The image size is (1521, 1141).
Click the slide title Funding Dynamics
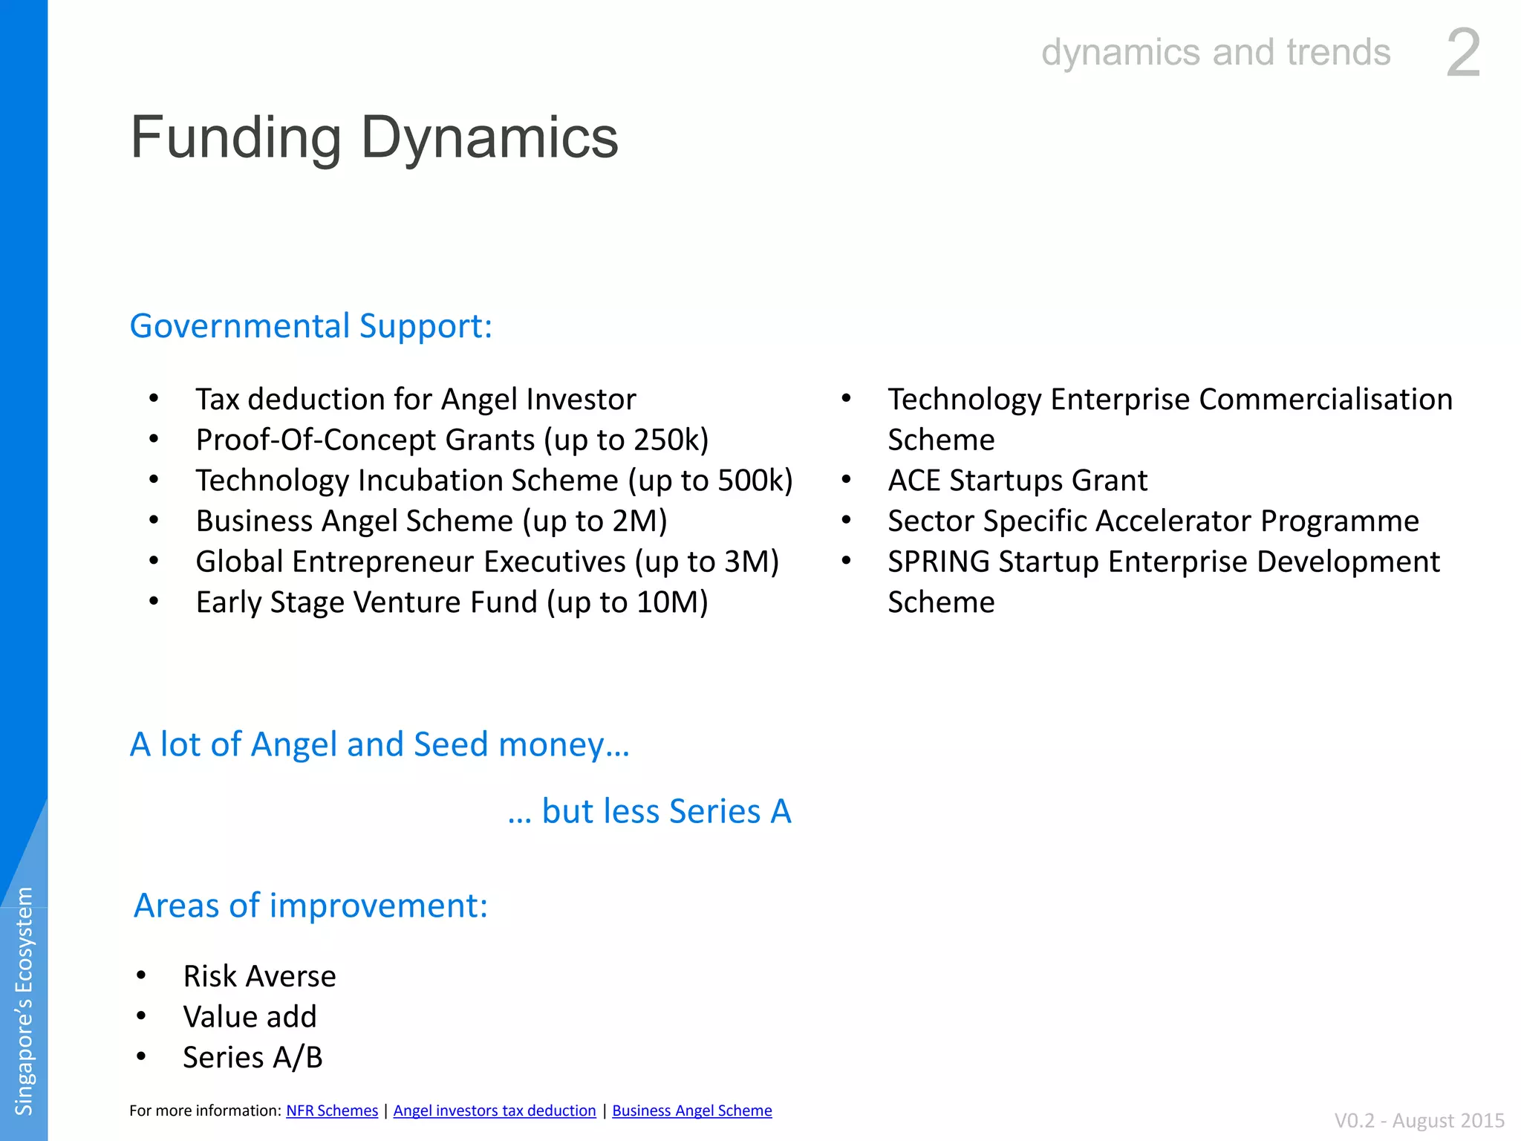[x=374, y=138]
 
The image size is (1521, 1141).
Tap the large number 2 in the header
[x=1463, y=53]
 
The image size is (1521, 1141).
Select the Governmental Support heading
[x=311, y=326]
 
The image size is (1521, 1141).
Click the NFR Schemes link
[x=332, y=1111]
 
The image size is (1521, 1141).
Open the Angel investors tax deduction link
[x=495, y=1111]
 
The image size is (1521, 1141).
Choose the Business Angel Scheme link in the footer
[x=692, y=1111]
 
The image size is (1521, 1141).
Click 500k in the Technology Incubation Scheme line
[x=750, y=481]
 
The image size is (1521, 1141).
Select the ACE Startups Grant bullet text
[x=1017, y=481]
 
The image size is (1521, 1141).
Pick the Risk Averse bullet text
[x=259, y=976]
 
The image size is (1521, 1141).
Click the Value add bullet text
[x=250, y=1017]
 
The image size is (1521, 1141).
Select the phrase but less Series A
[x=666, y=811]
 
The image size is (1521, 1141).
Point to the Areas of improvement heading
[x=310, y=906]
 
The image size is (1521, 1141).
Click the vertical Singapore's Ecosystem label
[x=25, y=1001]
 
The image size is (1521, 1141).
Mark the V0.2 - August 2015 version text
[x=1419, y=1120]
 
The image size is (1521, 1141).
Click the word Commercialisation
[x=1326, y=400]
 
